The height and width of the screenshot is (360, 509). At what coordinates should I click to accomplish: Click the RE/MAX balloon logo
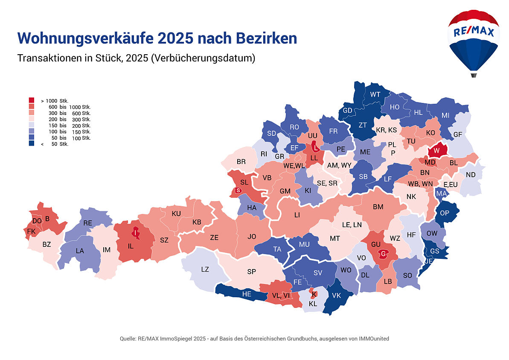pyautogui.click(x=473, y=41)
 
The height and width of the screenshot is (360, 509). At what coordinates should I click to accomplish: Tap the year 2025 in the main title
pyautogui.click(x=175, y=38)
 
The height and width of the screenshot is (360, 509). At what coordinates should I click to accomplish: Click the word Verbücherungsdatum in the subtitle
pyautogui.click(x=202, y=58)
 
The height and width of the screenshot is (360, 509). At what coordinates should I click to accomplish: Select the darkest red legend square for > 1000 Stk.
pyautogui.click(x=32, y=100)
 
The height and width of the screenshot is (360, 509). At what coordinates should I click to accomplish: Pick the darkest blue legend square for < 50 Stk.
pyautogui.click(x=32, y=144)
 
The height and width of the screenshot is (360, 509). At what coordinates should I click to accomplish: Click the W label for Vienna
pyautogui.click(x=436, y=151)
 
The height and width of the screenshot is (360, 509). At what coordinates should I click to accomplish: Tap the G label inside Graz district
pyautogui.click(x=383, y=254)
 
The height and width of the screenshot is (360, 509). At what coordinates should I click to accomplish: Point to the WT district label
pyautogui.click(x=375, y=94)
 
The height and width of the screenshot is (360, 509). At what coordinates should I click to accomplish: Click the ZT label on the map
pyautogui.click(x=363, y=125)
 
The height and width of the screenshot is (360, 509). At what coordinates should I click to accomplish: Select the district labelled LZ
pyautogui.click(x=205, y=269)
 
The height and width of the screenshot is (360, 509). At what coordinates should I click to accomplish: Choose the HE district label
pyautogui.click(x=247, y=294)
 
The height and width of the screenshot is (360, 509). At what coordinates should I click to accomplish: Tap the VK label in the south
pyautogui.click(x=336, y=296)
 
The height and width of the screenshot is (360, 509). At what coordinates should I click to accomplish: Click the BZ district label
pyautogui.click(x=47, y=245)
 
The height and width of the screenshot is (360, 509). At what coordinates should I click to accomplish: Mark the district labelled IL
pyautogui.click(x=131, y=246)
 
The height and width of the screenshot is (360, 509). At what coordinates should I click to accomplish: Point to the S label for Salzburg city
pyautogui.click(x=238, y=190)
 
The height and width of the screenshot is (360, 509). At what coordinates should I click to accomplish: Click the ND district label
pyautogui.click(x=471, y=175)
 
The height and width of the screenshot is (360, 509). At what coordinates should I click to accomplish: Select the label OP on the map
pyautogui.click(x=445, y=213)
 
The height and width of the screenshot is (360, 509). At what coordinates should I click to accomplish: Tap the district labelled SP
pyautogui.click(x=251, y=272)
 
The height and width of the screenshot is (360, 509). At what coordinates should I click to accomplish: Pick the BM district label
pyautogui.click(x=378, y=207)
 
